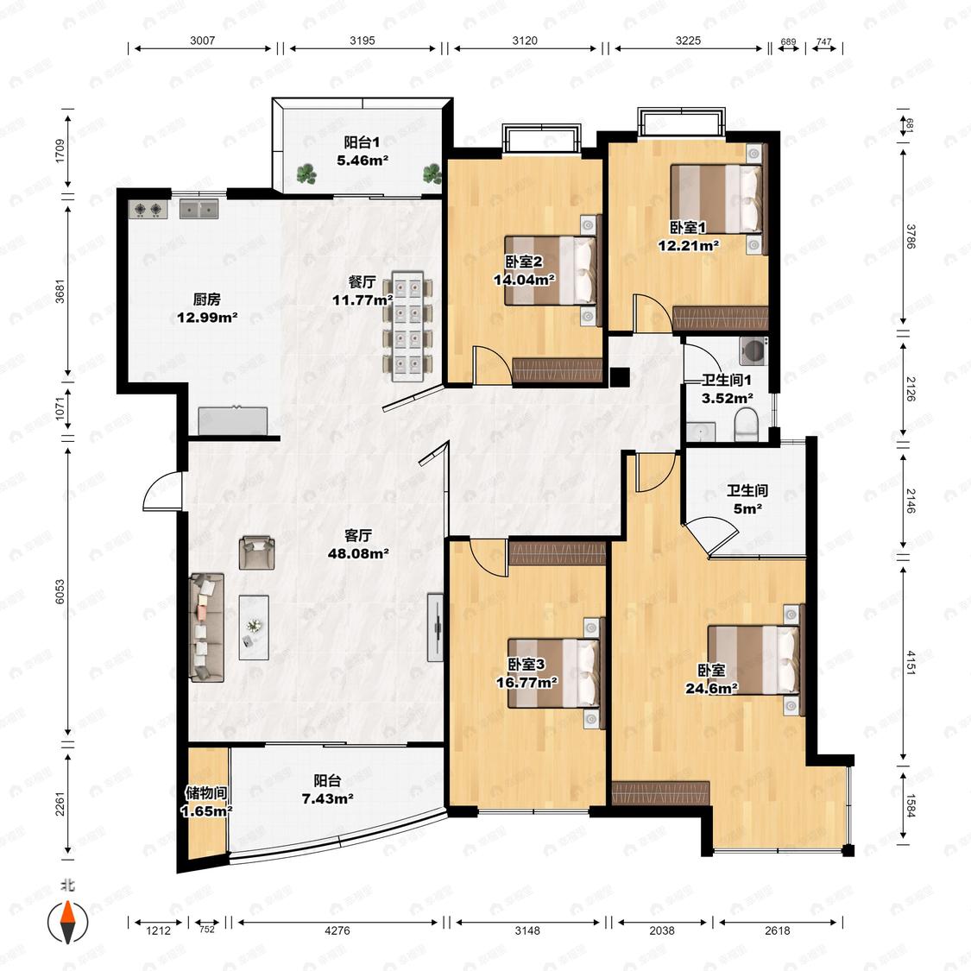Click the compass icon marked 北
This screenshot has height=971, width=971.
point(68,920)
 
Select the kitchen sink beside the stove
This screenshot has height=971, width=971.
point(199,209)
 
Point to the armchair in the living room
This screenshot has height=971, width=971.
point(257,553)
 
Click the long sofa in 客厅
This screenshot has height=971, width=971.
point(206,627)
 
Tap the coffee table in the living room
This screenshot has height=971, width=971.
point(254,627)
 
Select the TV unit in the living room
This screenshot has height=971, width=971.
point(436,627)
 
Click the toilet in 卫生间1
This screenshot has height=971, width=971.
point(747,423)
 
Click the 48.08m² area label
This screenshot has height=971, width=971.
point(358,553)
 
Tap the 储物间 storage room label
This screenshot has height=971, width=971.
point(206,792)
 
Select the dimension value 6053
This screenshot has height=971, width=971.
point(60,591)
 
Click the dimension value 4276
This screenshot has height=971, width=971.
point(337,930)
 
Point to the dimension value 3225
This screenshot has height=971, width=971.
point(688,41)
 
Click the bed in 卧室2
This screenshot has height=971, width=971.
point(553,270)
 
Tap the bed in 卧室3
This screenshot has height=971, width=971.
point(555,673)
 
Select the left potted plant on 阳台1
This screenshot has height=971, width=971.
point(306,174)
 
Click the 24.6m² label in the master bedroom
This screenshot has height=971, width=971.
point(711,688)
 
